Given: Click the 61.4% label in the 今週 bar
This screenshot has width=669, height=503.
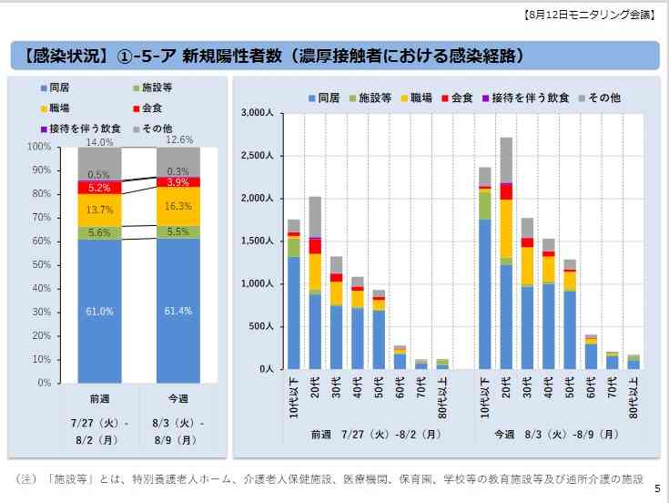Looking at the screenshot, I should click(178, 311).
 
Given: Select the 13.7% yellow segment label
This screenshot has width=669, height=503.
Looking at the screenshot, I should click(100, 210).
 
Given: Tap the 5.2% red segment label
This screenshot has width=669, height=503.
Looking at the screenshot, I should click(100, 188).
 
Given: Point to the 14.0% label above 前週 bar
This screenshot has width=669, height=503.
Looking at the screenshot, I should click(100, 142).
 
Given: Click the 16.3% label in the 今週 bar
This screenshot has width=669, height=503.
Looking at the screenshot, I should click(178, 206).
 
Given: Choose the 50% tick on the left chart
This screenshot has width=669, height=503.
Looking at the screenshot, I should click(39, 264).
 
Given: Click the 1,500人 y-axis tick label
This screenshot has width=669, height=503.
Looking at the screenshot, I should click(258, 241).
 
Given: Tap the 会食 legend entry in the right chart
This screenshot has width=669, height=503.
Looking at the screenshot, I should click(461, 97).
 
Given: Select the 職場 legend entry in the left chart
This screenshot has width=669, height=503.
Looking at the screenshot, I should click(60, 108).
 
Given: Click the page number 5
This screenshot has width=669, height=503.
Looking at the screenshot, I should click(656, 489).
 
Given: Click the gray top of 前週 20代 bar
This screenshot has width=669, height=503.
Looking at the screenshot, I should click(314, 217).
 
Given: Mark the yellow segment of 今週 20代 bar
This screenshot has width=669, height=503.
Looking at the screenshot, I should click(506, 229).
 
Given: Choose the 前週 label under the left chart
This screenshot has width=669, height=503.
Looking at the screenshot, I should click(100, 399).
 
